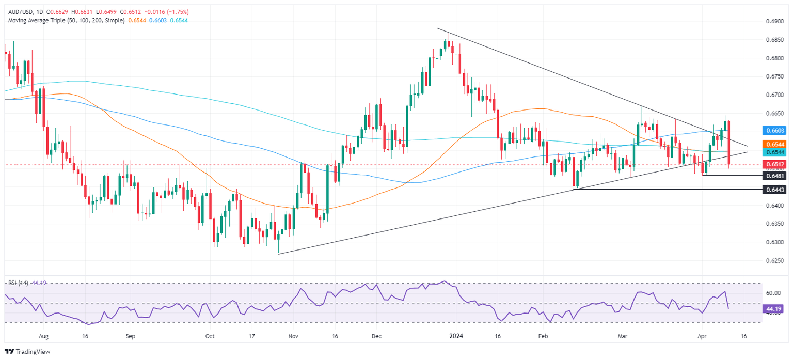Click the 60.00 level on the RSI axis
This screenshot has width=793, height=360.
(772, 293)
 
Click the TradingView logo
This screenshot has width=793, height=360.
(29, 351)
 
